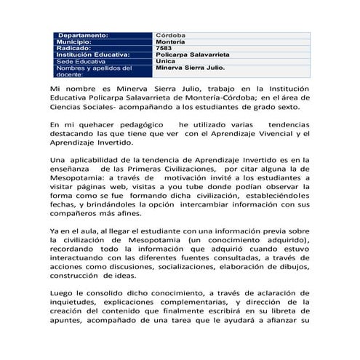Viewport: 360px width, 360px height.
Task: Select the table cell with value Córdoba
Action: tap(171, 35)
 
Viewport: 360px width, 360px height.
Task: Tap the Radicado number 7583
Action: tap(165, 48)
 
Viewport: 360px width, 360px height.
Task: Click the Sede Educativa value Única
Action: tap(165, 62)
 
